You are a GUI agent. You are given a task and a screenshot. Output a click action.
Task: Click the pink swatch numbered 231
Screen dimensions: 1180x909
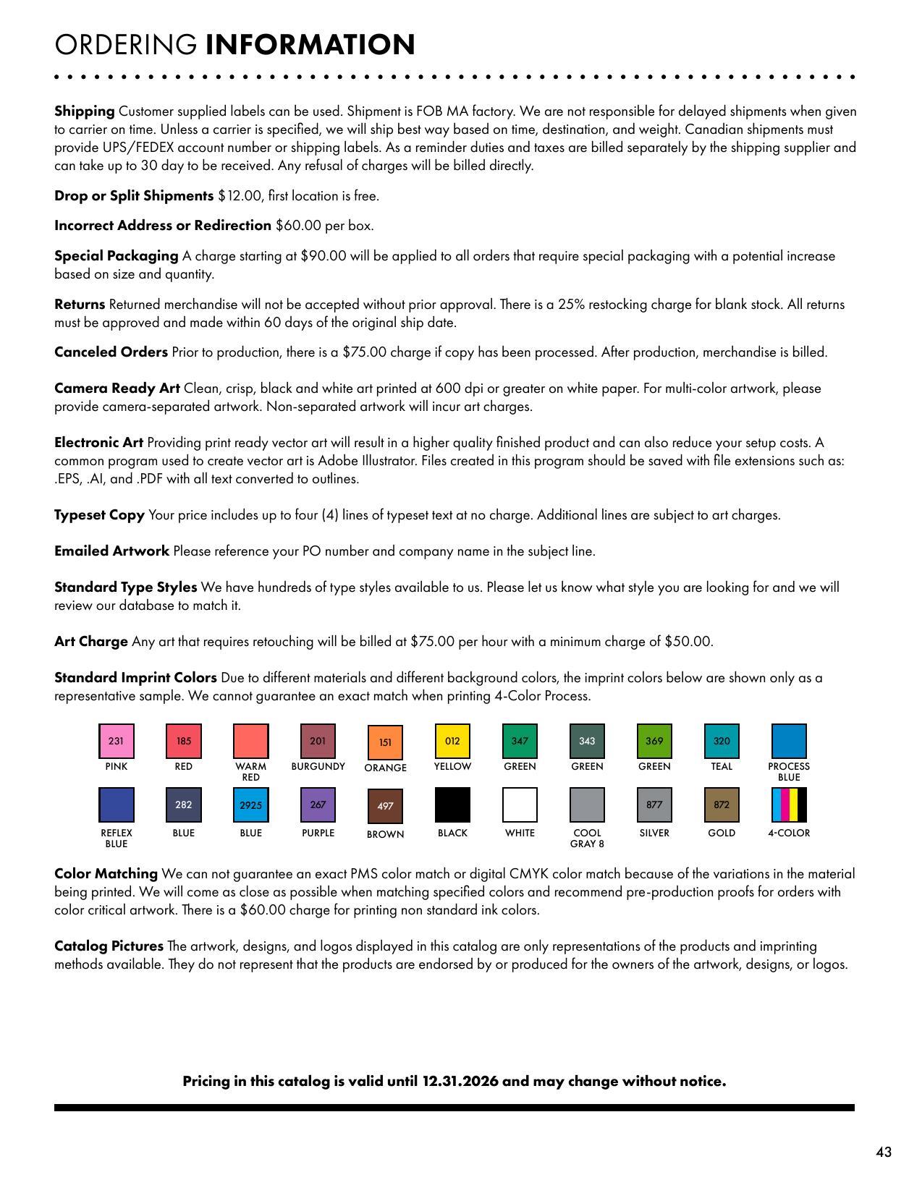click(116, 741)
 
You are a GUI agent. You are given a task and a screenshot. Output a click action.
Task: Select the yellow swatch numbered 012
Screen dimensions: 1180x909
click(452, 741)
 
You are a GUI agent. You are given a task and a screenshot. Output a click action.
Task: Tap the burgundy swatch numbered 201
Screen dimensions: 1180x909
click(318, 741)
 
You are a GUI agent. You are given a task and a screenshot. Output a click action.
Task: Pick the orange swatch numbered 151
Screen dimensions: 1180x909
click(385, 742)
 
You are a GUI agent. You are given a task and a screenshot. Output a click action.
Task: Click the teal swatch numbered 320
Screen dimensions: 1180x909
click(722, 741)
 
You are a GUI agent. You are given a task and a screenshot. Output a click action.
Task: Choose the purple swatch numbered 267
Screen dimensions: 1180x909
click(318, 805)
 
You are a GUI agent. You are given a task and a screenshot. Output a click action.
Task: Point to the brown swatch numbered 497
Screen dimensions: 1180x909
click(385, 806)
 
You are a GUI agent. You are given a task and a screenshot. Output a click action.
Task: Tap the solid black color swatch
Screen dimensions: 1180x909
click(452, 805)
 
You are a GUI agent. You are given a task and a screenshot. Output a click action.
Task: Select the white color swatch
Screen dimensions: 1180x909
click(520, 805)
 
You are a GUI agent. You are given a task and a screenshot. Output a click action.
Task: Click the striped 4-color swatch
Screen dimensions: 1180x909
click(789, 805)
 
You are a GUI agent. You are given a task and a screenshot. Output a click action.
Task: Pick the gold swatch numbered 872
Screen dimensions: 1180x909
click(722, 805)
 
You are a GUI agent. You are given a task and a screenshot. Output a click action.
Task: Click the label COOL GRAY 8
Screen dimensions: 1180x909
click(587, 838)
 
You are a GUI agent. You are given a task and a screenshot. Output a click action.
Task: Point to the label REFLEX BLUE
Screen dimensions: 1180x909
click(116, 838)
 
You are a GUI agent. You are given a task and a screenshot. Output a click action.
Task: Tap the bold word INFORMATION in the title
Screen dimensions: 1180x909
click(310, 45)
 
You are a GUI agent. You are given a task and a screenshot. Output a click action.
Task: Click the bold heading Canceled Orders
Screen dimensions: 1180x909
click(111, 352)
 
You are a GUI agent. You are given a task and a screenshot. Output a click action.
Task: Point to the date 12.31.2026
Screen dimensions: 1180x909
click(460, 1082)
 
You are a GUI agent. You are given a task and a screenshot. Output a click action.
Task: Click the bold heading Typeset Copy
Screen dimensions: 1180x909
click(99, 515)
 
